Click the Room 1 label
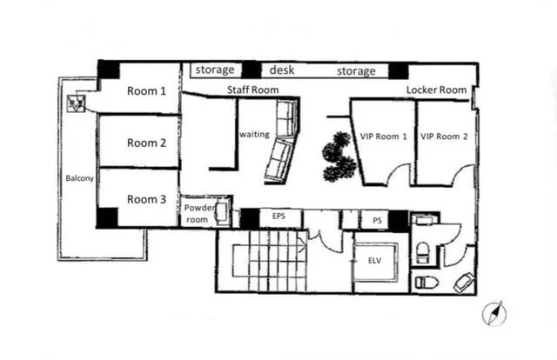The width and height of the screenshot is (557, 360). click(146, 91)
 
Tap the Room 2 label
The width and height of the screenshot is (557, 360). click(146, 143)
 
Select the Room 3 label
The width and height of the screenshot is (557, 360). click(146, 199)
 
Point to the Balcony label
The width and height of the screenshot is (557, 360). click(79, 178)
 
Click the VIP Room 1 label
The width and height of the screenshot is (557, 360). click(384, 137)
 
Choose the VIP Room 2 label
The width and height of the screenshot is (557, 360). click(444, 137)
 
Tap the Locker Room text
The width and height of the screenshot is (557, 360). click(437, 90)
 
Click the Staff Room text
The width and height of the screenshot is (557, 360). click(252, 90)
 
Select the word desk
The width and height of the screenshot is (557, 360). click(282, 70)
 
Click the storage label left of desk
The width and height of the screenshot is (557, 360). click(215, 70)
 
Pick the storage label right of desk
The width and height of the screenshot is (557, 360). click(356, 71)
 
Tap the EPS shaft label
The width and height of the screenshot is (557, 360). click(278, 216)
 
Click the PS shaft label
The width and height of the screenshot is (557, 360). click(377, 221)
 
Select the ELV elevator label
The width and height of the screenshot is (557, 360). click(374, 261)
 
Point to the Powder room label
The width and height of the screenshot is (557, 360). click(199, 214)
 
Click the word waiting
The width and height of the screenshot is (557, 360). click(254, 135)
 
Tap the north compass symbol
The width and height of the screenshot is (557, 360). click(494, 314)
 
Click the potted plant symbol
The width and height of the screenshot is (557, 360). click(339, 157)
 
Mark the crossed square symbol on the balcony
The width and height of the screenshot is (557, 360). click(76, 103)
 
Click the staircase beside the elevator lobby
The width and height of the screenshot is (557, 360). click(269, 261)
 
